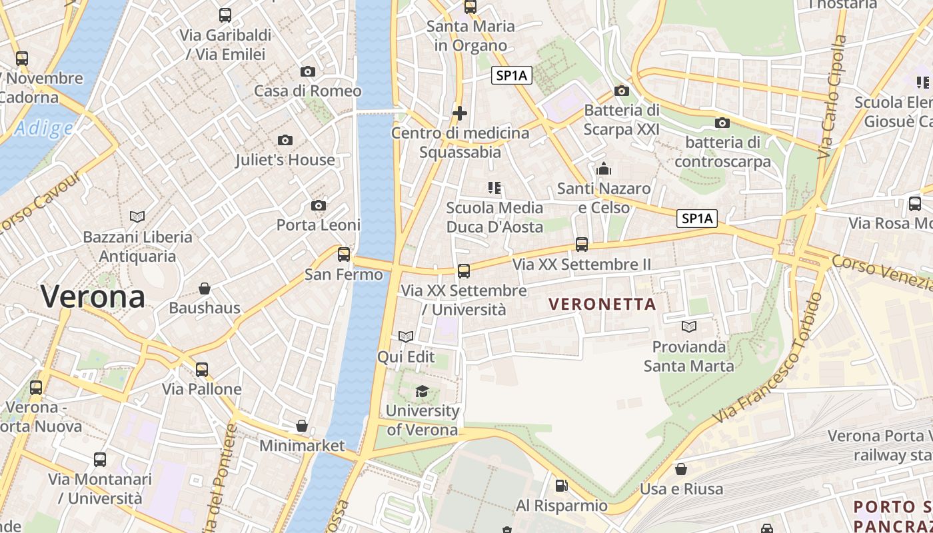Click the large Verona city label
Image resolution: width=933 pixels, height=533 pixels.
click(x=93, y=296)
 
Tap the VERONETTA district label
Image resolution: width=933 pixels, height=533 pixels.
click(x=602, y=304)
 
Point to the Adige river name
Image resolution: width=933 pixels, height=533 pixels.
click(x=43, y=128)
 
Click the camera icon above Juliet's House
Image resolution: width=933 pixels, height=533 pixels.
click(x=285, y=140)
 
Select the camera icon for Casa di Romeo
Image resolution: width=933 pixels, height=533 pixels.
click(x=307, y=71)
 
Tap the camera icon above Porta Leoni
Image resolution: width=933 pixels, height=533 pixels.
click(x=319, y=205)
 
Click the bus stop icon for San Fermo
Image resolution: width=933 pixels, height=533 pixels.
click(x=344, y=254)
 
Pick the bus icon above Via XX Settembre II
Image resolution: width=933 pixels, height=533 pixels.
click(x=582, y=245)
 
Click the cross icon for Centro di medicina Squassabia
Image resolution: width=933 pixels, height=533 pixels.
click(x=459, y=113)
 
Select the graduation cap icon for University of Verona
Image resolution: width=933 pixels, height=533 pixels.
click(x=423, y=391)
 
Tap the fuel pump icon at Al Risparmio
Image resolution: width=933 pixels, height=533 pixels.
click(x=562, y=486)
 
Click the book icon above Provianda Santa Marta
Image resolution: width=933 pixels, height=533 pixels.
click(x=688, y=326)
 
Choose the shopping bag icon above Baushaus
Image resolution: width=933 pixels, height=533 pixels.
click(x=205, y=288)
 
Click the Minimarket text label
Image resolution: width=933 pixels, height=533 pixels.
click(x=302, y=446)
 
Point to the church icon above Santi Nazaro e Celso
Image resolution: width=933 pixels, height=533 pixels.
click(x=604, y=169)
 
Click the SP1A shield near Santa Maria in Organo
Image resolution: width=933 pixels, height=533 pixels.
click(x=511, y=76)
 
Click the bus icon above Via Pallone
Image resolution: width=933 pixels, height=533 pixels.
click(x=202, y=369)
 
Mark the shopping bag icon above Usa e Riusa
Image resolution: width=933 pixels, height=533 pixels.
click(x=681, y=469)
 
